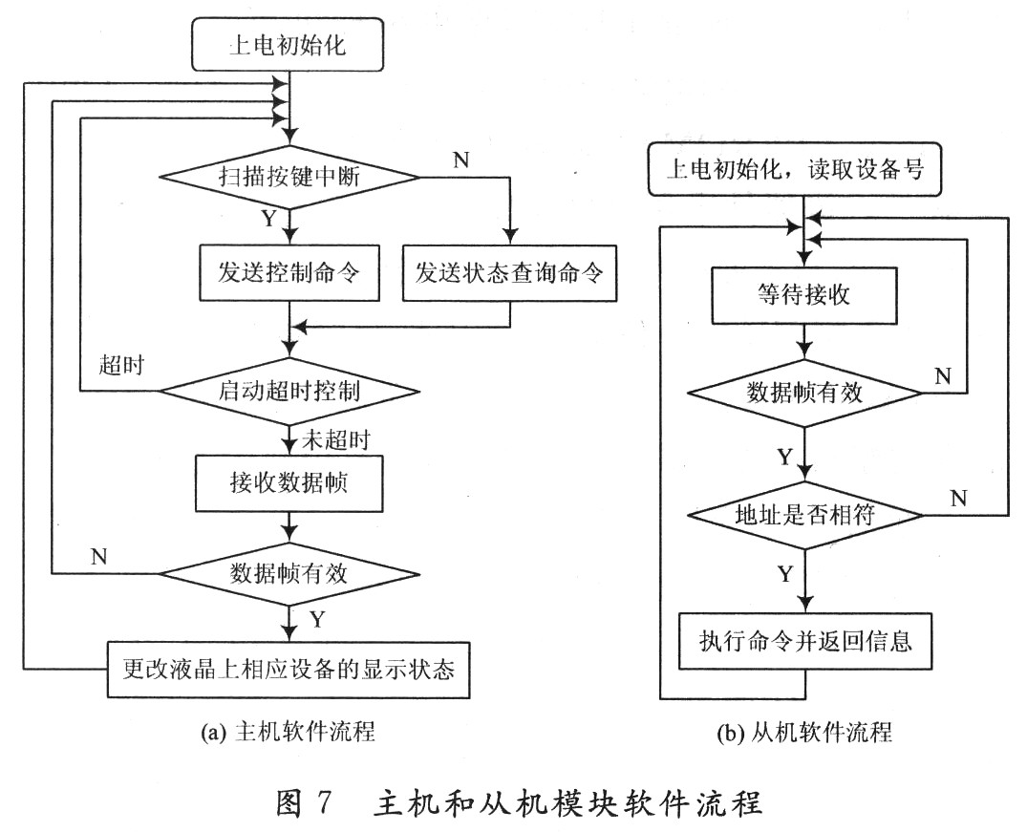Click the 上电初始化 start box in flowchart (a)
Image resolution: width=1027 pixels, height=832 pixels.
288,45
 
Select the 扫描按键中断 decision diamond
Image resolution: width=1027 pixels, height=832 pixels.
288,178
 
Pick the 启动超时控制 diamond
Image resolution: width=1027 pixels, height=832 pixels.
288,391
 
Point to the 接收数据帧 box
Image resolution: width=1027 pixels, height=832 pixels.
288,483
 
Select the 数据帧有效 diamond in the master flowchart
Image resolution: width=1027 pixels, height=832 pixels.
288,574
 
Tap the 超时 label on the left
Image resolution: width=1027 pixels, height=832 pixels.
121,366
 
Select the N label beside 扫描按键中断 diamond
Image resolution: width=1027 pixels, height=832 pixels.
461,160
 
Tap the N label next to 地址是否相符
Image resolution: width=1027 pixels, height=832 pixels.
959,497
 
